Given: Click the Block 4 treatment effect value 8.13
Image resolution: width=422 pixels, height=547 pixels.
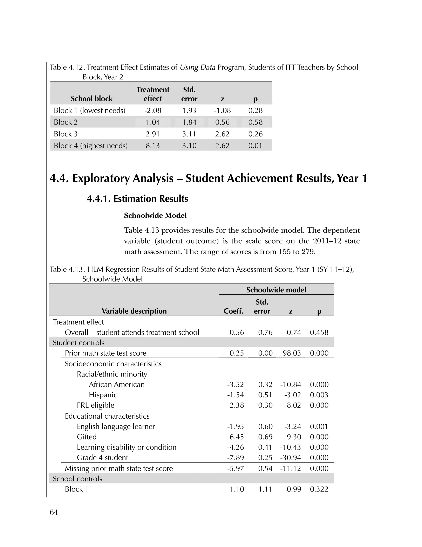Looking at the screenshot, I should (152, 146).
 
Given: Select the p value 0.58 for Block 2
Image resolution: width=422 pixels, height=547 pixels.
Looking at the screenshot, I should (255, 122).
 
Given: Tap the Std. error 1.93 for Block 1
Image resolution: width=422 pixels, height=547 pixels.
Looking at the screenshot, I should (189, 110).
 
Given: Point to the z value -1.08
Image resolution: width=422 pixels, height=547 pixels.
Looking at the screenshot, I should (222, 110).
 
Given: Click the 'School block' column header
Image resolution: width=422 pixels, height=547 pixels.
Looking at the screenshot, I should (91, 99).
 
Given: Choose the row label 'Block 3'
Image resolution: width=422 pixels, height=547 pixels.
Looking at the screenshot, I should (66, 134).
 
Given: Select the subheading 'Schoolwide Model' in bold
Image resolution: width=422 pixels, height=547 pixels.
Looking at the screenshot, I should (155, 215).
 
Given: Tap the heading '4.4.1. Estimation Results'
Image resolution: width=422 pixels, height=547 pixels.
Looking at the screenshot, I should (137, 199).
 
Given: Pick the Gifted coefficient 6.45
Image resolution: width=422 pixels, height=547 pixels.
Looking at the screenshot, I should (237, 437).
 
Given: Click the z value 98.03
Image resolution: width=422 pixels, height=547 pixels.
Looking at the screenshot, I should (292, 353).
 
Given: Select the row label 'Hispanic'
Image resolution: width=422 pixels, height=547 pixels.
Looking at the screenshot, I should (103, 395).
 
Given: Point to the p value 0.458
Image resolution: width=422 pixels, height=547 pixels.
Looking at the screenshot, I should (319, 332).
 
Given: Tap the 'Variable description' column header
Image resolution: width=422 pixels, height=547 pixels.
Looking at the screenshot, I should (134, 311).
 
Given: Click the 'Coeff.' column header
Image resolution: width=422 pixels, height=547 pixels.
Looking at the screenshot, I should (233, 311).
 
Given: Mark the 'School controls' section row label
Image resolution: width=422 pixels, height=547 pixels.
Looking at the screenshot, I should (77, 479).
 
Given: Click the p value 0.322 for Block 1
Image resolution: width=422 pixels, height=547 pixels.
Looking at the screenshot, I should (319, 489).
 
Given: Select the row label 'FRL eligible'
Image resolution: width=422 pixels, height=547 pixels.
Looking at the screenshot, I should (95, 405).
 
